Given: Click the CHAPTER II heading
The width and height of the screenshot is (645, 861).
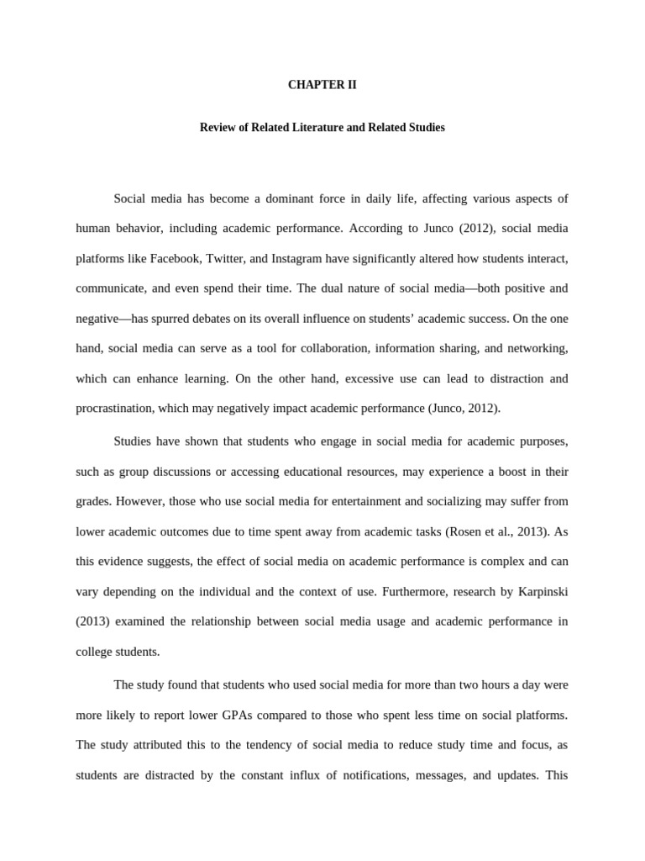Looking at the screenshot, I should tap(322, 85).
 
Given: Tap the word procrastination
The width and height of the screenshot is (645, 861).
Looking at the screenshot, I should tap(113, 408).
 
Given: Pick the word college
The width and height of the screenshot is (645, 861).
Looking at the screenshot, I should tap(95, 651).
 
